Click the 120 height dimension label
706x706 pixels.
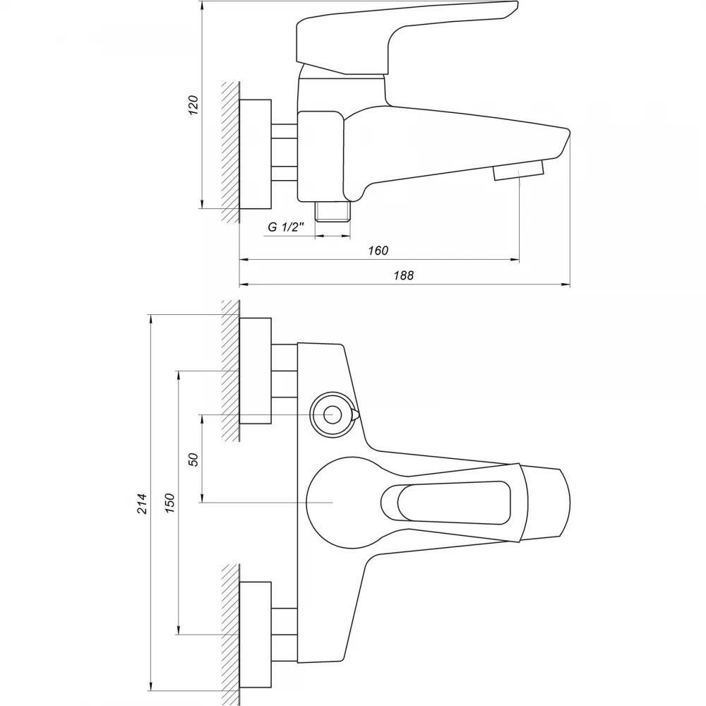(x=193, y=105)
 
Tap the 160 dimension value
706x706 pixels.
(x=378, y=251)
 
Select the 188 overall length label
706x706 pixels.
(x=404, y=275)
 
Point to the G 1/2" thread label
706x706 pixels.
(x=287, y=227)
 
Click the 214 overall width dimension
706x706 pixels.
(x=142, y=503)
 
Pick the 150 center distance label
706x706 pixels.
(x=169, y=503)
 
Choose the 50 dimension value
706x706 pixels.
(x=193, y=460)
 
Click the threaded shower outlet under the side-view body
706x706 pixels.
(x=333, y=211)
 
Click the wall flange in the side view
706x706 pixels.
(x=256, y=154)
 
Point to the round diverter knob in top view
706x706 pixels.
(x=333, y=414)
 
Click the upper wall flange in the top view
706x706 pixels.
(x=256, y=371)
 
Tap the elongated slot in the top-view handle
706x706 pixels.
(x=445, y=503)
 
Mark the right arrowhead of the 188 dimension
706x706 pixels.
(x=566, y=285)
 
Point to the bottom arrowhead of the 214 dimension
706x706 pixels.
(x=151, y=686)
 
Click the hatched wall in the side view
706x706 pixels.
(x=231, y=152)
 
